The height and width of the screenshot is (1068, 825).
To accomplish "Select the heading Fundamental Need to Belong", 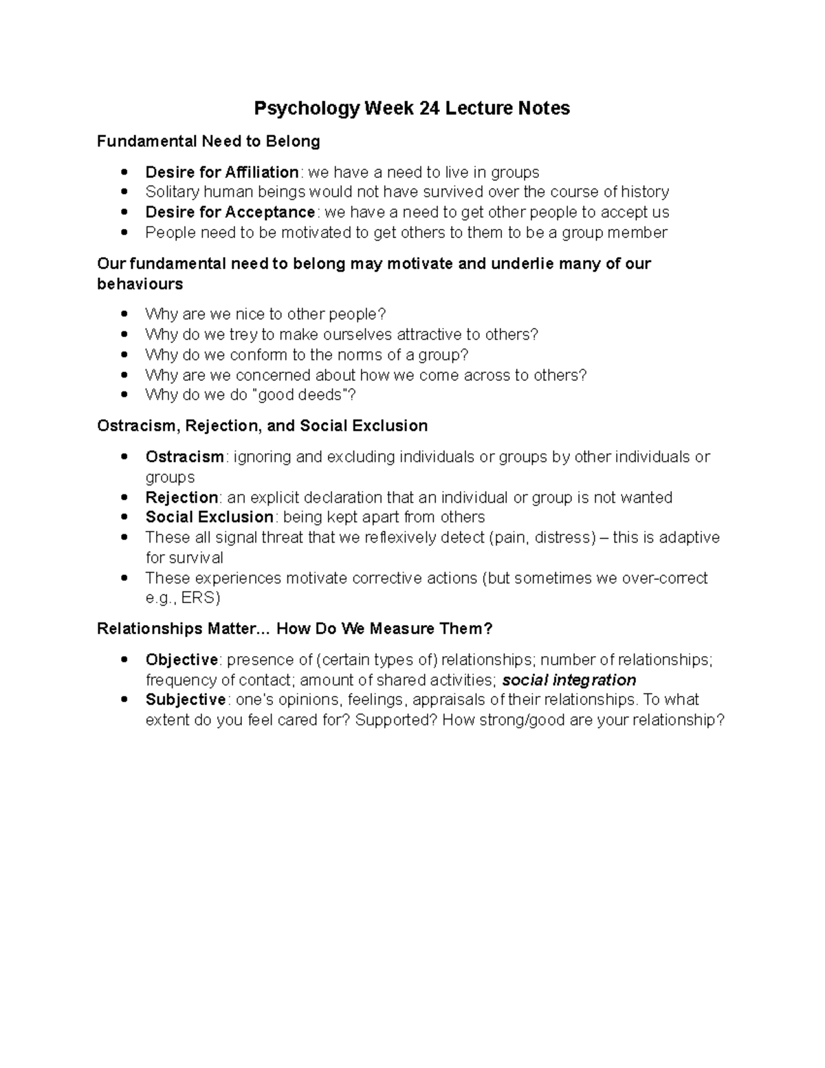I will [x=208, y=142].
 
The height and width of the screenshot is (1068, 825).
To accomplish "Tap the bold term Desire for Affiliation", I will [x=221, y=172].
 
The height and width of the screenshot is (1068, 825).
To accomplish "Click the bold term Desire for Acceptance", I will [x=230, y=212].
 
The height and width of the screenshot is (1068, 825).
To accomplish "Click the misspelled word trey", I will [x=243, y=335].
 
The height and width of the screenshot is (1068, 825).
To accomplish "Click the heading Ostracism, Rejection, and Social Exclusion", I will [x=262, y=426].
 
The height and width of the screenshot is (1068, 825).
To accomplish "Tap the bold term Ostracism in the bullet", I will [x=184, y=457].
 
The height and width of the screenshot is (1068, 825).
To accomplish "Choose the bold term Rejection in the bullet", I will [x=181, y=498].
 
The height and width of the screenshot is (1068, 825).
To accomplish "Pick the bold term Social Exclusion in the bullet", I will [x=209, y=517].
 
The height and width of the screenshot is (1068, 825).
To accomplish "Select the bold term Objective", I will [x=181, y=660].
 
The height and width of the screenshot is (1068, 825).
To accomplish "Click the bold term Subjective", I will [x=185, y=700].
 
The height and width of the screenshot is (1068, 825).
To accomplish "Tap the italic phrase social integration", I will [x=569, y=681].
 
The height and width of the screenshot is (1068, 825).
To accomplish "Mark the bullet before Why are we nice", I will [x=124, y=315].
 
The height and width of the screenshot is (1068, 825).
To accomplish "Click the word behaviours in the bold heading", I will [x=140, y=285].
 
